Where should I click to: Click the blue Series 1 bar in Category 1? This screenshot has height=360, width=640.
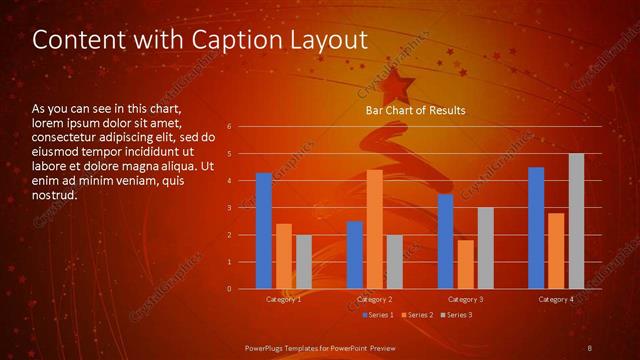pos(263,231)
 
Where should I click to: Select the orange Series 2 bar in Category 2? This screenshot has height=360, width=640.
pos(374,229)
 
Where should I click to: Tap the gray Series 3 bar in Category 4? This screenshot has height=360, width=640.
pos(576,221)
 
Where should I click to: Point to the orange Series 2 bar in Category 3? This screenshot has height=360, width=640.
pos(465,264)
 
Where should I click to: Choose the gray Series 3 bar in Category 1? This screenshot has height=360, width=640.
pos(303,262)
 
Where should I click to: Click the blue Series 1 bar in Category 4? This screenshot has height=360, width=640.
pos(536,228)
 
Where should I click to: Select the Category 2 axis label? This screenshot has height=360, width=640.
pos(374,299)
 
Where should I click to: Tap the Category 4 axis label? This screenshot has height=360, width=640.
pos(556,299)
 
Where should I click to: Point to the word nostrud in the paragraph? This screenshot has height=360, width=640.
pos(54,195)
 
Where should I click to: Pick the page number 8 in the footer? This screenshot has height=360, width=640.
pos(589,346)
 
